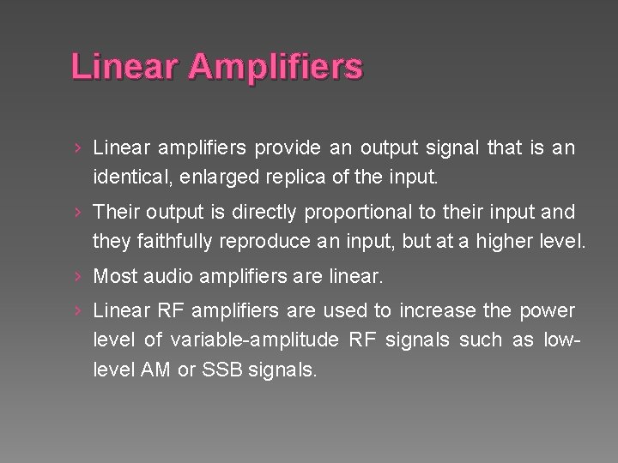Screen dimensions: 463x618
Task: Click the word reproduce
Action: point(264,241)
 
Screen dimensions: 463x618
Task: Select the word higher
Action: point(503,241)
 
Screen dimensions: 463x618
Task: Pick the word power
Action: point(548,310)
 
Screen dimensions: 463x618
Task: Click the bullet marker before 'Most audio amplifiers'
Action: point(77,276)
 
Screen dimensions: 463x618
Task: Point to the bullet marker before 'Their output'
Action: point(77,211)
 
